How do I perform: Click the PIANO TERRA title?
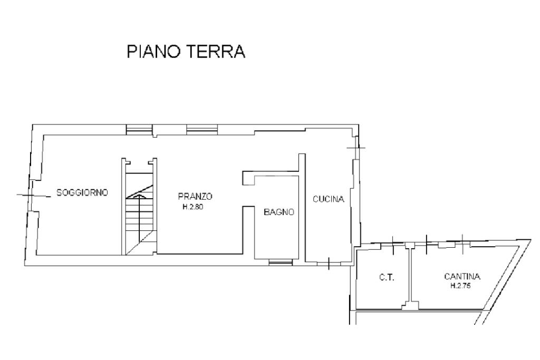point(186,52)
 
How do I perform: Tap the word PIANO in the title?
point(153,52)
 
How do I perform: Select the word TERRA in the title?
point(216,52)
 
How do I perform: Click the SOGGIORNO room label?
point(82,192)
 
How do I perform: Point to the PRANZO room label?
point(195,196)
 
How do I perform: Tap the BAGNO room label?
point(279,212)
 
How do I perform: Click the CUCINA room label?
point(328,199)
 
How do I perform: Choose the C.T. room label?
point(387,277)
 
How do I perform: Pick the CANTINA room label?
point(462,276)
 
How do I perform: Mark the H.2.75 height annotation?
point(461,286)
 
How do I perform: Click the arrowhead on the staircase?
point(139,196)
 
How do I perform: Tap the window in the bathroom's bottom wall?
point(281,262)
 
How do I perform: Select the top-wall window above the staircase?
point(139,130)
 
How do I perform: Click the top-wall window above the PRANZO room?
point(202,130)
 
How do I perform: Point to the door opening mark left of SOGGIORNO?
point(34,196)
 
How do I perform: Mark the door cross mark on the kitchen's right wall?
point(356,148)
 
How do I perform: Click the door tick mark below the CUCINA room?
point(329,264)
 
